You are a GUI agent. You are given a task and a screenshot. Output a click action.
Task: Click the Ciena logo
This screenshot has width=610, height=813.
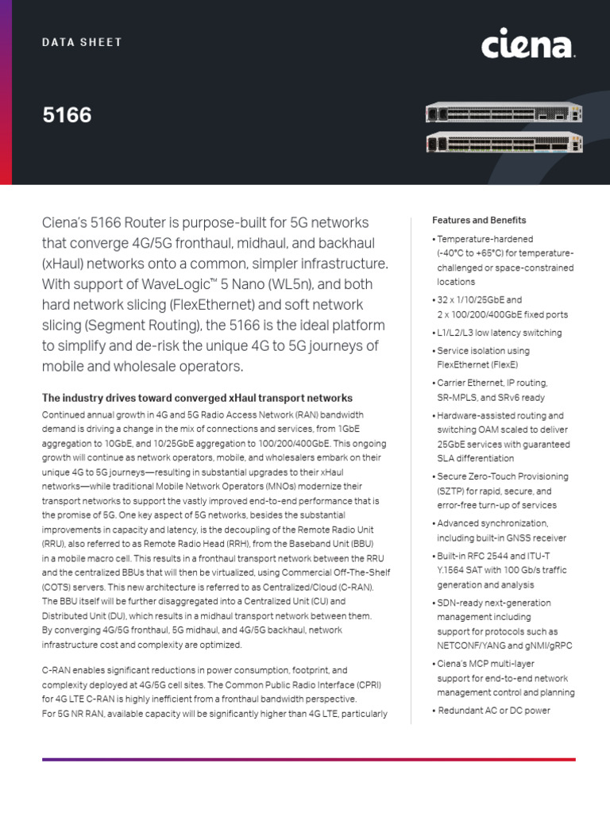pos(527,45)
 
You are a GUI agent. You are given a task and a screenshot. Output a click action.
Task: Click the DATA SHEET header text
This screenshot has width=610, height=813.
pos(83,42)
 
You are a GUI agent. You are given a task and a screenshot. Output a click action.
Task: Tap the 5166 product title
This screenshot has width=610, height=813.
pos(67,116)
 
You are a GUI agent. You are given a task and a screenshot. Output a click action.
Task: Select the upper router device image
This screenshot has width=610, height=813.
pos(504,114)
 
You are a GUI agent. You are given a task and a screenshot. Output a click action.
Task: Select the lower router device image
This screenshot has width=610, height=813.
pos(504,143)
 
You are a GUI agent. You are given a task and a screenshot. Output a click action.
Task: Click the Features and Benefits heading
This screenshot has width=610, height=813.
pos(478,220)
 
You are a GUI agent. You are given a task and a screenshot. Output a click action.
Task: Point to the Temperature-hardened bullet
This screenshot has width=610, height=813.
pos(485,238)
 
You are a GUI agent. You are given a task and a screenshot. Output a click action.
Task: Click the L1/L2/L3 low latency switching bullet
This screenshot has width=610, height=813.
pos(499,333)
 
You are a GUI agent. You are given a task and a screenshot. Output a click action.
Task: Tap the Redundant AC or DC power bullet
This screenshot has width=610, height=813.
pos(494,711)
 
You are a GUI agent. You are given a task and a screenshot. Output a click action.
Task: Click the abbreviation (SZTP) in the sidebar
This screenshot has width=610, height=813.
pos(452,491)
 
